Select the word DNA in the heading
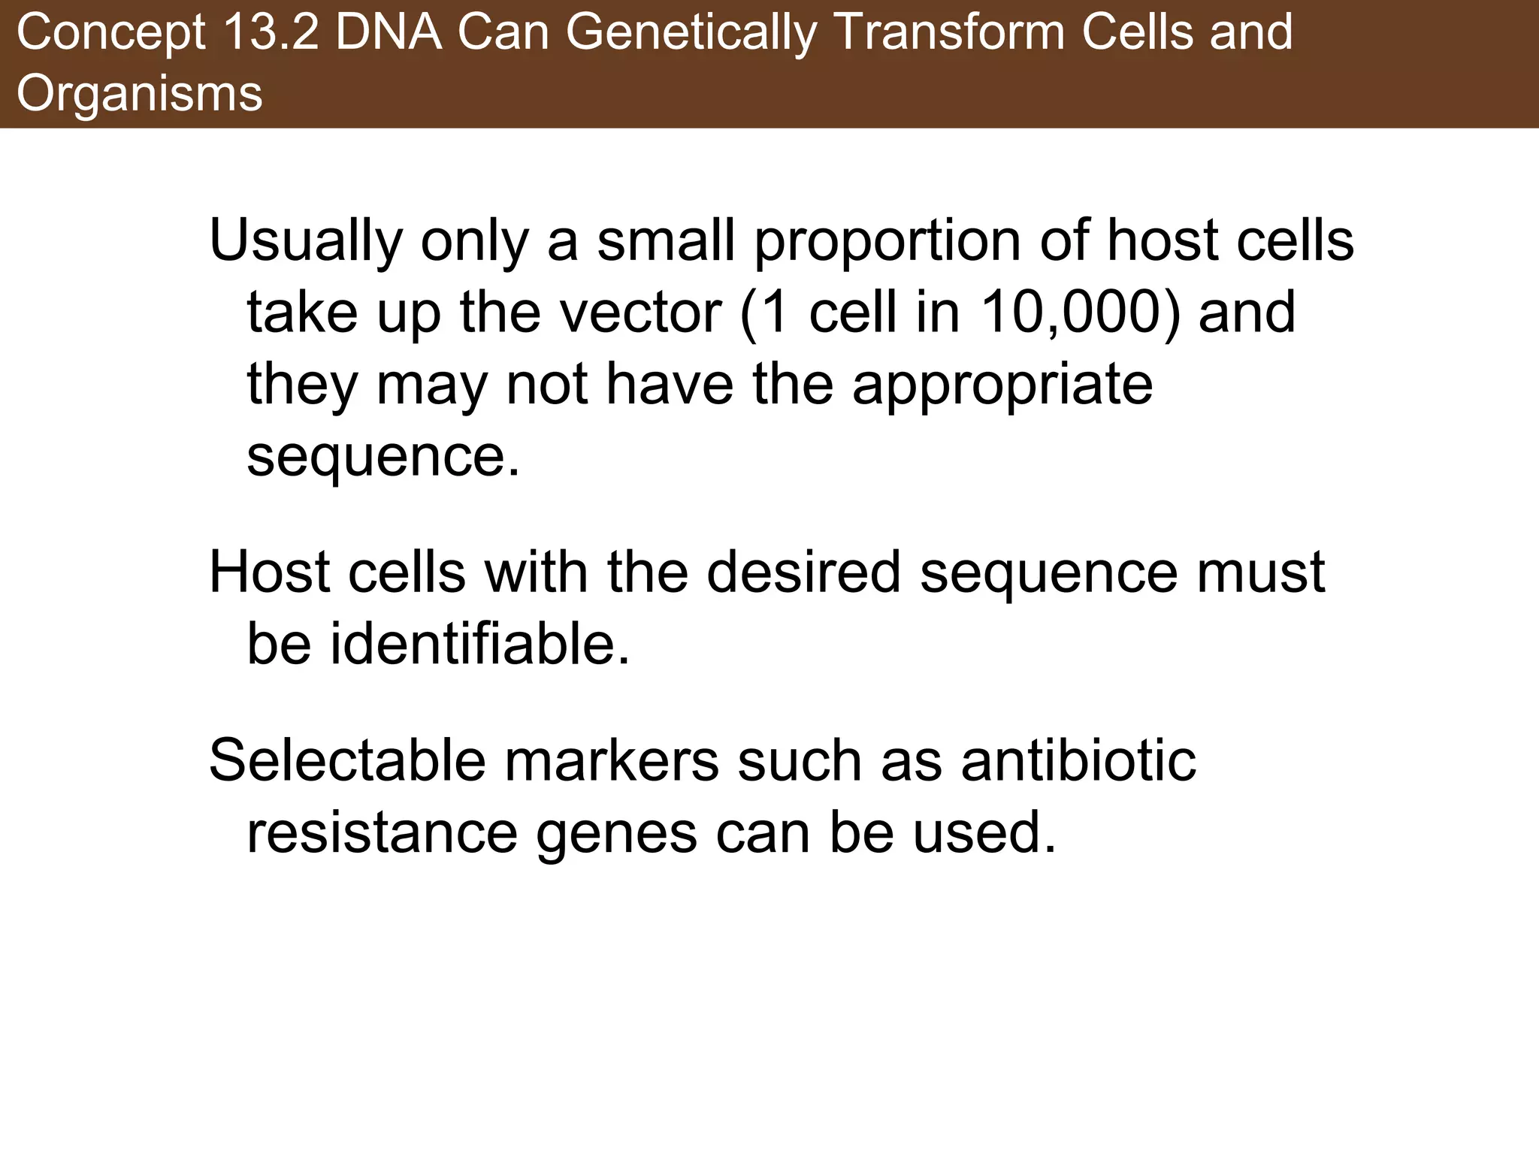(388, 34)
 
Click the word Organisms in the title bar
(140, 94)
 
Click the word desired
(803, 572)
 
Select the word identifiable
(479, 645)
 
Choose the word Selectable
(347, 760)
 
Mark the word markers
(612, 760)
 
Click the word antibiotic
(1078, 760)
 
